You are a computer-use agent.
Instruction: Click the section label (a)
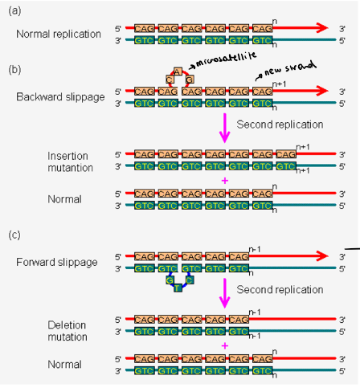(13, 9)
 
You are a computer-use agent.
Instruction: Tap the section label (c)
(13, 235)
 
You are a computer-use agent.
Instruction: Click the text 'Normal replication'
(58, 34)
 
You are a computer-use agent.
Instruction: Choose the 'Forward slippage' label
(55, 262)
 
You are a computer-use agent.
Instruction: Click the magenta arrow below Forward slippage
(227, 292)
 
